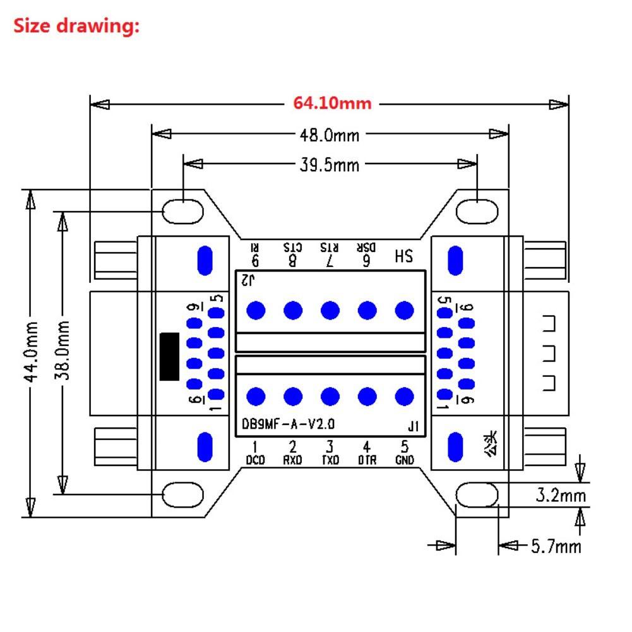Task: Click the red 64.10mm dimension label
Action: [x=331, y=103]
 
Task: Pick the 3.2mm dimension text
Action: [x=560, y=496]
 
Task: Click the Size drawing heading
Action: [x=76, y=27]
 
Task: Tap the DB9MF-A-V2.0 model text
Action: [x=288, y=424]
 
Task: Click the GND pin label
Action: [x=404, y=460]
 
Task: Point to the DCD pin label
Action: [x=256, y=460]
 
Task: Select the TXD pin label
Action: [x=330, y=460]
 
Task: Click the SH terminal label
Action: [x=403, y=257]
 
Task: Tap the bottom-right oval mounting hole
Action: [x=477, y=495]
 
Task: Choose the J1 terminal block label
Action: [x=413, y=427]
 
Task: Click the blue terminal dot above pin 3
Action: [x=330, y=396]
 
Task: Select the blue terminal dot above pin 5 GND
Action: [x=404, y=396]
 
